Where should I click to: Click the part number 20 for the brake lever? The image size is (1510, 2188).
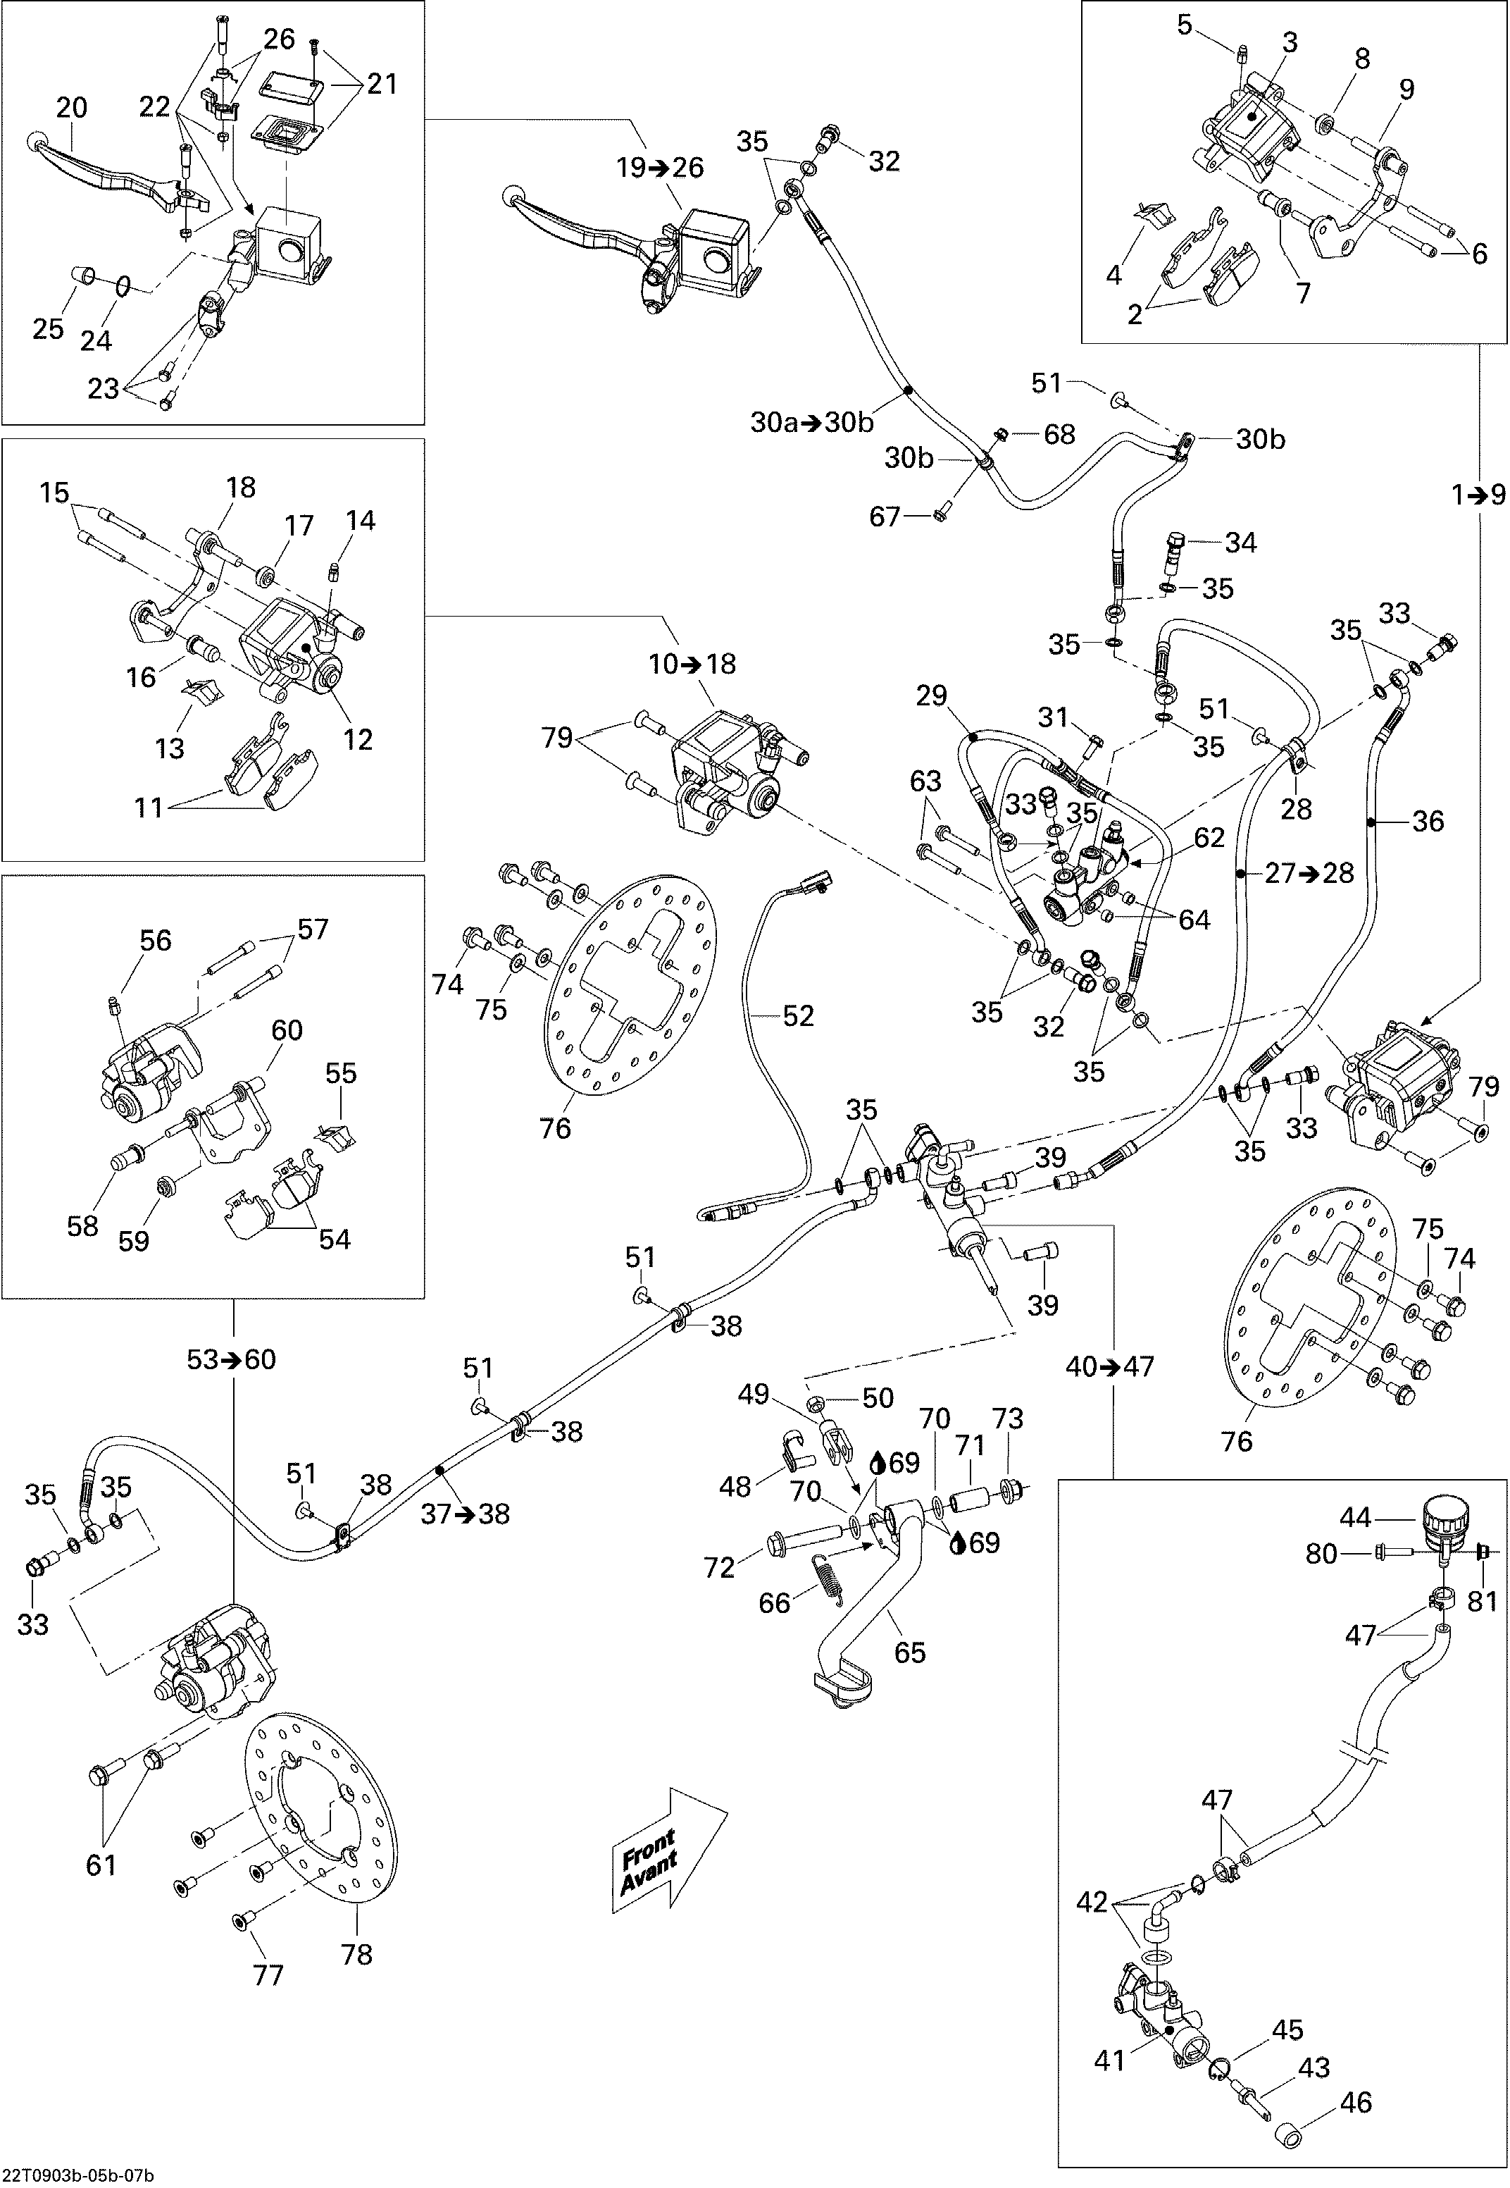(x=72, y=108)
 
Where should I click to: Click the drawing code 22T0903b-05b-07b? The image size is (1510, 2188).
(x=78, y=2175)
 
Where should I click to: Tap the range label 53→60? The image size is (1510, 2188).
(x=232, y=1360)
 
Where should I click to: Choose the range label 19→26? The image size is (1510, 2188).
(x=661, y=168)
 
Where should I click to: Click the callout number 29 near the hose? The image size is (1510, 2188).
(x=931, y=696)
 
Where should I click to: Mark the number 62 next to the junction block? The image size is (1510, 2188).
(x=1209, y=838)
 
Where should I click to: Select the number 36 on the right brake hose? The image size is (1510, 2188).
(x=1428, y=822)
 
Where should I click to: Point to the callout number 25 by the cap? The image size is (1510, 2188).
(x=49, y=328)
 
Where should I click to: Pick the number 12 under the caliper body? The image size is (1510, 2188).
(x=358, y=739)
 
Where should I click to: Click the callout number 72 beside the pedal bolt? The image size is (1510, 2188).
(x=719, y=1568)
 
